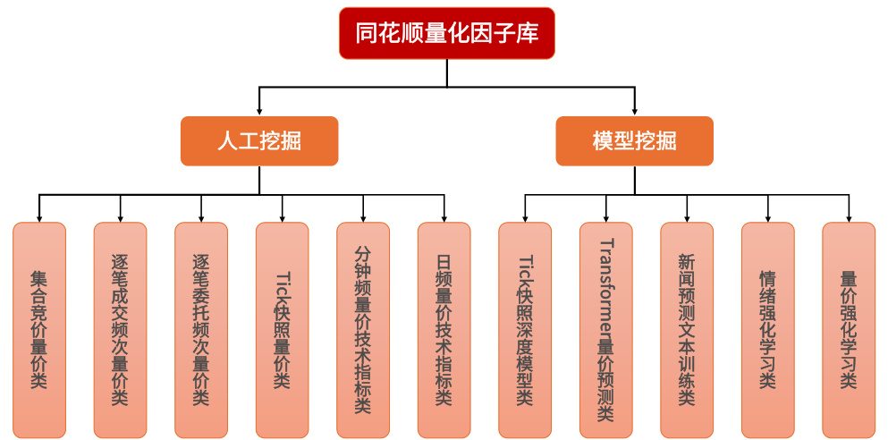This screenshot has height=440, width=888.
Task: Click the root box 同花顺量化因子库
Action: (447, 34)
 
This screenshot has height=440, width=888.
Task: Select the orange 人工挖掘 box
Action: (259, 141)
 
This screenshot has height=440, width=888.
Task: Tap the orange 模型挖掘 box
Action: (635, 141)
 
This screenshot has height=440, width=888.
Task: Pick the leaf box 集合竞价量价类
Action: (39, 329)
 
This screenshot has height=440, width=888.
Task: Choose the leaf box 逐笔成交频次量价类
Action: (120, 329)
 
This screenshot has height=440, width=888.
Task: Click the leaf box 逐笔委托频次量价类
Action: (201, 329)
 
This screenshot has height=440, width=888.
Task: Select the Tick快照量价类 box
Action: (283, 329)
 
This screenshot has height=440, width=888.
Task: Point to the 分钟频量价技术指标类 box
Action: (363, 329)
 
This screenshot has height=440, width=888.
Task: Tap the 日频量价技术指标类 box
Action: (444, 329)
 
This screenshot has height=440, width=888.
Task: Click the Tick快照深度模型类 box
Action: (525, 329)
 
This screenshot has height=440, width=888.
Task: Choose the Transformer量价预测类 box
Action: (606, 329)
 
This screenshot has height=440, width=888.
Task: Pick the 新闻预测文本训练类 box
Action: (687, 329)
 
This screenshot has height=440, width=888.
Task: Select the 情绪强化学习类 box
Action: (768, 329)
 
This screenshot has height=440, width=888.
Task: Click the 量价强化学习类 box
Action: (849, 329)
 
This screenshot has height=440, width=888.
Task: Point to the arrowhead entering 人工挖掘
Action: (259, 111)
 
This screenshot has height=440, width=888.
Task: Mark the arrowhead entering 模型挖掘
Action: (635, 111)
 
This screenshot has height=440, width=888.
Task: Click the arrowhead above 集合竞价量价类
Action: (39, 217)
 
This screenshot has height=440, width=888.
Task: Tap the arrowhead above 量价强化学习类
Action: (849, 217)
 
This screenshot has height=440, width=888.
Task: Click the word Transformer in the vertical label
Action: (606, 285)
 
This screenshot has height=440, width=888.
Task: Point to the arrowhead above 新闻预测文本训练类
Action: (687, 217)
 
